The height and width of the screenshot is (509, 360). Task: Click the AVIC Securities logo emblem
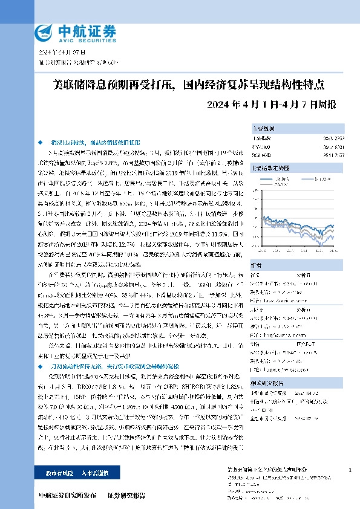46,32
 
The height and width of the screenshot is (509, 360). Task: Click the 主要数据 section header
264,129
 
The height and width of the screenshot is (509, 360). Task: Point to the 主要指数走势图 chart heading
269,169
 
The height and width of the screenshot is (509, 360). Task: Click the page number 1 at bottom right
351,470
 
